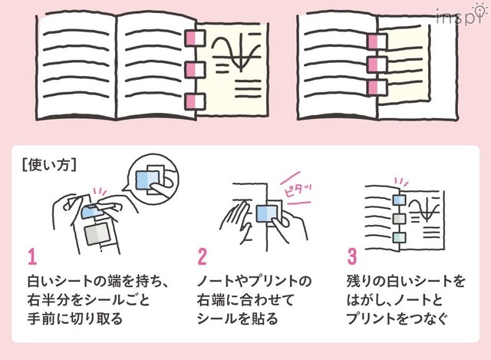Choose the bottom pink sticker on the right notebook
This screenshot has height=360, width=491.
coord(375,89)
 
